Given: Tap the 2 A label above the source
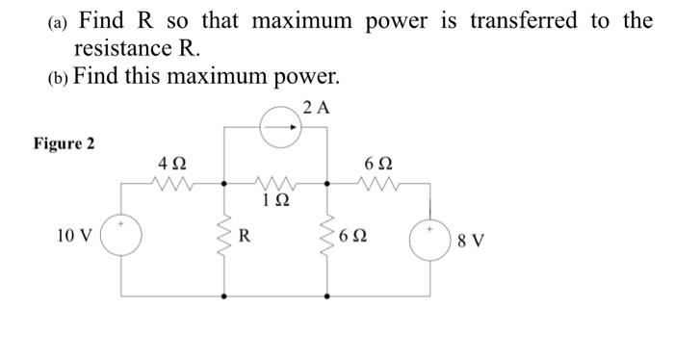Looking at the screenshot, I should pos(315,109).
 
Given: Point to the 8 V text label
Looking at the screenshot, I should pos(472,239).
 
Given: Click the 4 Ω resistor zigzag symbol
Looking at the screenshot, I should pos(174,180).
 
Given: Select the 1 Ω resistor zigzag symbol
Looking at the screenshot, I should pos(276,180).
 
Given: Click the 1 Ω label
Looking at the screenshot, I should pos(275,200).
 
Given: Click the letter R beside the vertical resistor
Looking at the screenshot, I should pos(246,234).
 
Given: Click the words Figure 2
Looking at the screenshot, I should pos(64,144).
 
